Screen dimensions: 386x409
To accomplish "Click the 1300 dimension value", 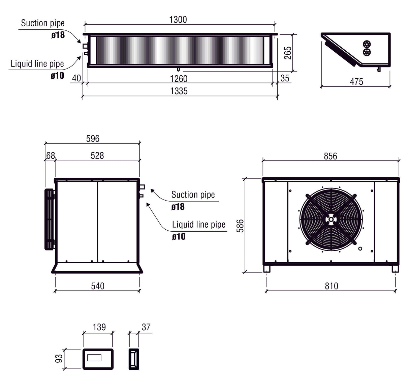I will click(178, 20).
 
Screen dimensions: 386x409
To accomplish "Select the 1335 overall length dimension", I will click(179, 91).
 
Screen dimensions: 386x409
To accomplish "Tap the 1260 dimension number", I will click(179, 79).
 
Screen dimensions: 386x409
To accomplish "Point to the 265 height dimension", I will click(288, 53).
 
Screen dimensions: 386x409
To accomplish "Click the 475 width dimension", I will click(356, 82).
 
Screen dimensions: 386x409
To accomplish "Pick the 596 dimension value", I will click(93, 138).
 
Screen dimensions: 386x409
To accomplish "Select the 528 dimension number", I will click(97, 155).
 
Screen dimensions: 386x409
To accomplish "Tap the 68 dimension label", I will click(51, 155).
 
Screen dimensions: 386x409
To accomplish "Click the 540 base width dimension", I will click(98, 286).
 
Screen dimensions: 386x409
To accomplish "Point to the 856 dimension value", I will click(330, 156).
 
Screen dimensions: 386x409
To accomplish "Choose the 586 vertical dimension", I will click(240, 226).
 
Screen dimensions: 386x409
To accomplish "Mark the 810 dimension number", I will click(332, 286).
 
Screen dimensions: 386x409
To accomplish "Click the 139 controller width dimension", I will click(99, 327).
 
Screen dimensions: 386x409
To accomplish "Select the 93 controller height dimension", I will click(59, 358).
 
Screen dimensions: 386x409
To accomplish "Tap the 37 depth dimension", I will click(146, 327).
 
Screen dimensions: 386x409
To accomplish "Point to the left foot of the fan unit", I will click(267, 269).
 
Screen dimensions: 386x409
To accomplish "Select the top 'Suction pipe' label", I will click(42, 23).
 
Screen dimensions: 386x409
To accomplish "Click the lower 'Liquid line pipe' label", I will click(198, 225).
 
